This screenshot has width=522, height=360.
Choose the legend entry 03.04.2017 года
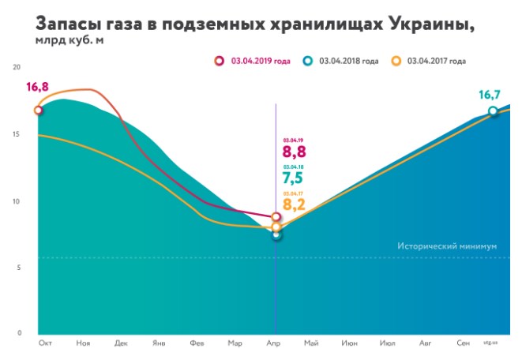click(432, 60)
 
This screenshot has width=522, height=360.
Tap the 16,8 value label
click(37, 88)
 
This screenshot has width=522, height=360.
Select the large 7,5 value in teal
click(294, 180)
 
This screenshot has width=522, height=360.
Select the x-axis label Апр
click(276, 344)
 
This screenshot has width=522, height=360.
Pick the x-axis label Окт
click(45, 344)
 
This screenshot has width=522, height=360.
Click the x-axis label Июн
click(350, 344)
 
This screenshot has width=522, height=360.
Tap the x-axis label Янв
click(159, 344)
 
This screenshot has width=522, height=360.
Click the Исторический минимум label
click(447, 246)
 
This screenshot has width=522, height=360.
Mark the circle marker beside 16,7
click(493, 111)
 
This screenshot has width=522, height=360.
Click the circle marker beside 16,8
click(39, 111)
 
